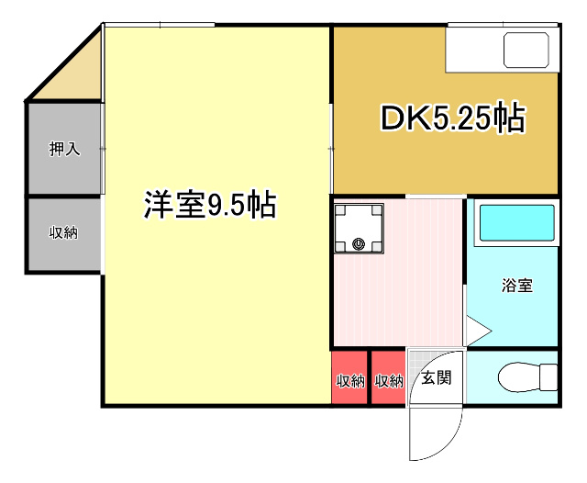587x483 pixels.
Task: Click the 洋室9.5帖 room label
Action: pyautogui.click(x=210, y=205)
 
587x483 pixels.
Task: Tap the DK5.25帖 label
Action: pyautogui.click(x=453, y=118)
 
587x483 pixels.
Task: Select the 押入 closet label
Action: pyautogui.click(x=64, y=149)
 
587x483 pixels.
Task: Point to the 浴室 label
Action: pyautogui.click(x=517, y=286)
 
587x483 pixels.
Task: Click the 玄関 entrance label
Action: pyautogui.click(x=437, y=377)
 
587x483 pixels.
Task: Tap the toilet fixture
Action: pyautogui.click(x=527, y=377)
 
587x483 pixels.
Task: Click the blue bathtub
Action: pyautogui.click(x=517, y=223)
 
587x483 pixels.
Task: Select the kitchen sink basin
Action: pyautogui.click(x=526, y=50)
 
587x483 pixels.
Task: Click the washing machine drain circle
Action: pyautogui.click(x=359, y=244)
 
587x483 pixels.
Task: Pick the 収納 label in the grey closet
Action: pyautogui.click(x=63, y=232)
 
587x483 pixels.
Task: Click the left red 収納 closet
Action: pyautogui.click(x=349, y=377)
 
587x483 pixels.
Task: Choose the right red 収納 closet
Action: pyautogui.click(x=389, y=377)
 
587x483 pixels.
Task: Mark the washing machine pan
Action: pyautogui.click(x=359, y=229)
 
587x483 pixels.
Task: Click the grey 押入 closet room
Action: pyautogui.click(x=64, y=149)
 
